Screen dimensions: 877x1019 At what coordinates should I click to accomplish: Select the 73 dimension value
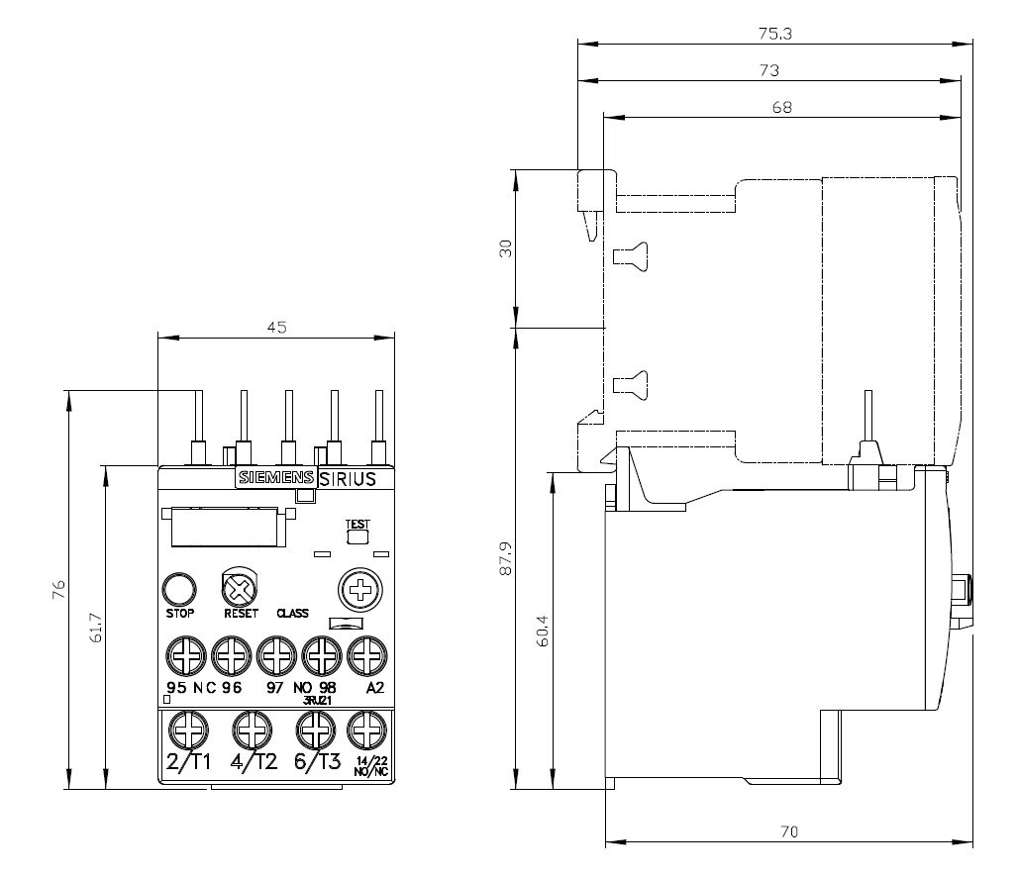pyautogui.click(x=768, y=70)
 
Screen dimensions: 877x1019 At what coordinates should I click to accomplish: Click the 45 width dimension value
pyautogui.click(x=276, y=328)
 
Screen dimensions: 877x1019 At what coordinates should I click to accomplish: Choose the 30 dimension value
pyautogui.click(x=505, y=248)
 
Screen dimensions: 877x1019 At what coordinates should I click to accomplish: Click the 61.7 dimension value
pyautogui.click(x=94, y=628)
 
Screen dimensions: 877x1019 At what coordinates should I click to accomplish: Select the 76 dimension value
pyautogui.click(x=58, y=590)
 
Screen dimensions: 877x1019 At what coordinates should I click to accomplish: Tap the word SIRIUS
pyautogui.click(x=347, y=479)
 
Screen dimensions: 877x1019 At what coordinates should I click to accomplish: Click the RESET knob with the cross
pyautogui.click(x=238, y=590)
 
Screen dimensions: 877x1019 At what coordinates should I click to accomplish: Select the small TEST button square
pyautogui.click(x=356, y=537)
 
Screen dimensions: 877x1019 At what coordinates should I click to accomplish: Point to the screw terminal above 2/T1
pyautogui.click(x=184, y=731)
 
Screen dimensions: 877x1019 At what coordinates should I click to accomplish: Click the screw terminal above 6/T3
pyautogui.click(x=314, y=731)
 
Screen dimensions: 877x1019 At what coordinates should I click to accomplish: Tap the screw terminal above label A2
pyautogui.click(x=365, y=654)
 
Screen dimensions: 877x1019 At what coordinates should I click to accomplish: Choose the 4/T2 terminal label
pyautogui.click(x=253, y=762)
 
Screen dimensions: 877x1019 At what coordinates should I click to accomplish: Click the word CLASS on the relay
pyautogui.click(x=293, y=613)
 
